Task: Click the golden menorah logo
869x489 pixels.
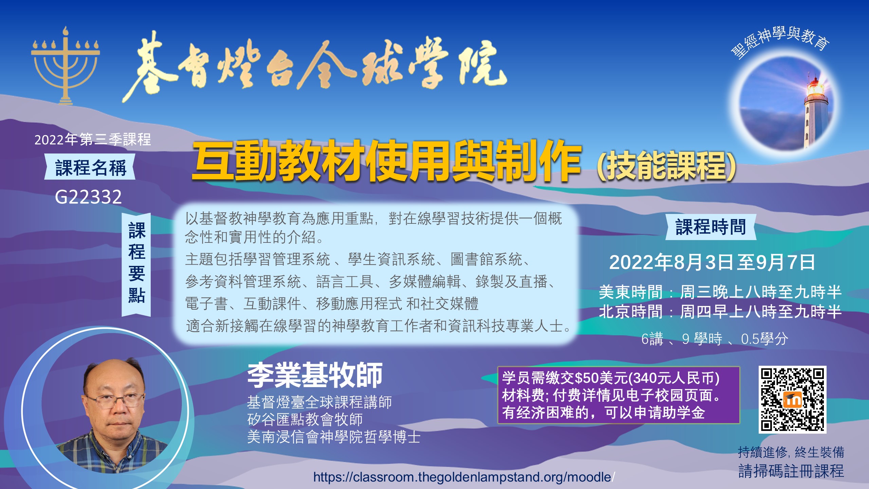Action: (x=65, y=66)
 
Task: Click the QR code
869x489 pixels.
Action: (x=792, y=399)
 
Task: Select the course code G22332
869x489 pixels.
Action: (x=88, y=197)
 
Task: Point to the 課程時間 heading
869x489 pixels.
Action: (x=710, y=227)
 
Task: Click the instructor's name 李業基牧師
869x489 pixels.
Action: (x=315, y=375)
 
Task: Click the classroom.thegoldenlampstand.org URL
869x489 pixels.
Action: (x=464, y=477)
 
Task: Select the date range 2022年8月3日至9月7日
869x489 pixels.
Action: (x=712, y=262)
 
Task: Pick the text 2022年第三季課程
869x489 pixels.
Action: (x=93, y=140)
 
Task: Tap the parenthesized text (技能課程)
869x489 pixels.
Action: (x=666, y=165)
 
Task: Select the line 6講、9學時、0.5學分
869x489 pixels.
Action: (x=715, y=339)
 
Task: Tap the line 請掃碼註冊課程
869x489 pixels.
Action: (x=791, y=471)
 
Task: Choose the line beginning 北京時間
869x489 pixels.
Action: (x=720, y=311)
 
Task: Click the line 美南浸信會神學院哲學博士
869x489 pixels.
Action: (x=334, y=437)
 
